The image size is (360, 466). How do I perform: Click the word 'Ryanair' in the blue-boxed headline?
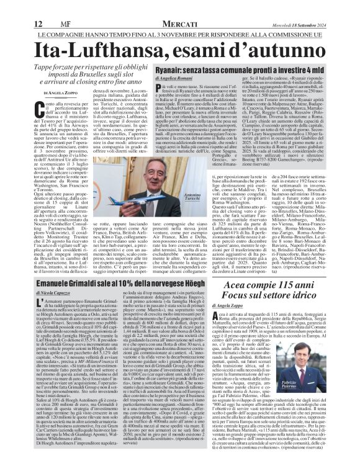(173, 73)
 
